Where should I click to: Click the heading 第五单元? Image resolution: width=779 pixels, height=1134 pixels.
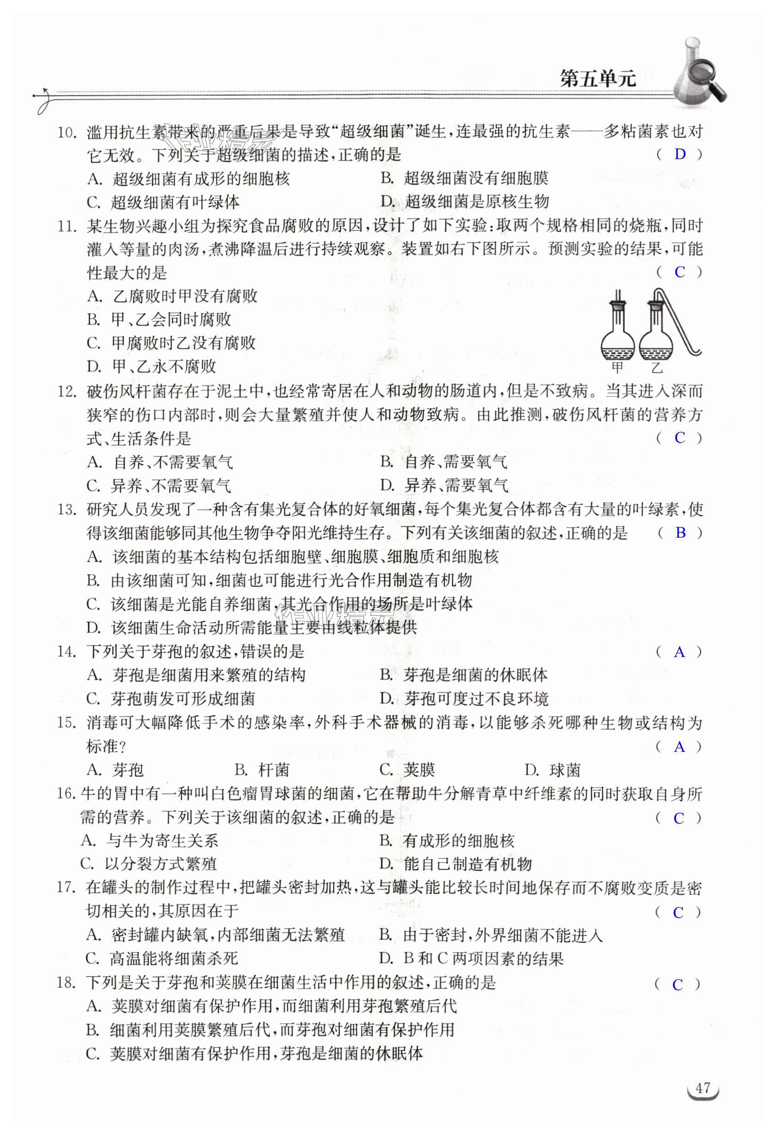pyautogui.click(x=597, y=79)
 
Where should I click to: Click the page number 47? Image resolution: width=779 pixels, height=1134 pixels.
pyautogui.click(x=702, y=1088)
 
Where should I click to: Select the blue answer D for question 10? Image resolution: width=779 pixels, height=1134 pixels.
pyautogui.click(x=680, y=155)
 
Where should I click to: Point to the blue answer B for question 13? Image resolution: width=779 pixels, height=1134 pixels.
pyautogui.click(x=681, y=533)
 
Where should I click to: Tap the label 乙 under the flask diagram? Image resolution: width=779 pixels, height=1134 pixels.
pyautogui.click(x=657, y=367)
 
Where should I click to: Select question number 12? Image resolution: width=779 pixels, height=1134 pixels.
pyautogui.click(x=67, y=392)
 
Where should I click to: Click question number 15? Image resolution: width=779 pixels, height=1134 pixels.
pyautogui.click(x=67, y=723)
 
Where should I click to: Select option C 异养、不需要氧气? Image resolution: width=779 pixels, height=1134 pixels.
pyautogui.click(x=159, y=485)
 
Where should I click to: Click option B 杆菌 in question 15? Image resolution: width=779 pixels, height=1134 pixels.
pyautogui.click(x=262, y=770)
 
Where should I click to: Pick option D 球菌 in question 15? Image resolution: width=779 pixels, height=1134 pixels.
pyautogui.click(x=552, y=770)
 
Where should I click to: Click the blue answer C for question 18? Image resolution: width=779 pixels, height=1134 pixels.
pyautogui.click(x=677, y=985)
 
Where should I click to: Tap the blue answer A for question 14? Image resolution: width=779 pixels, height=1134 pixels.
pyautogui.click(x=679, y=652)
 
